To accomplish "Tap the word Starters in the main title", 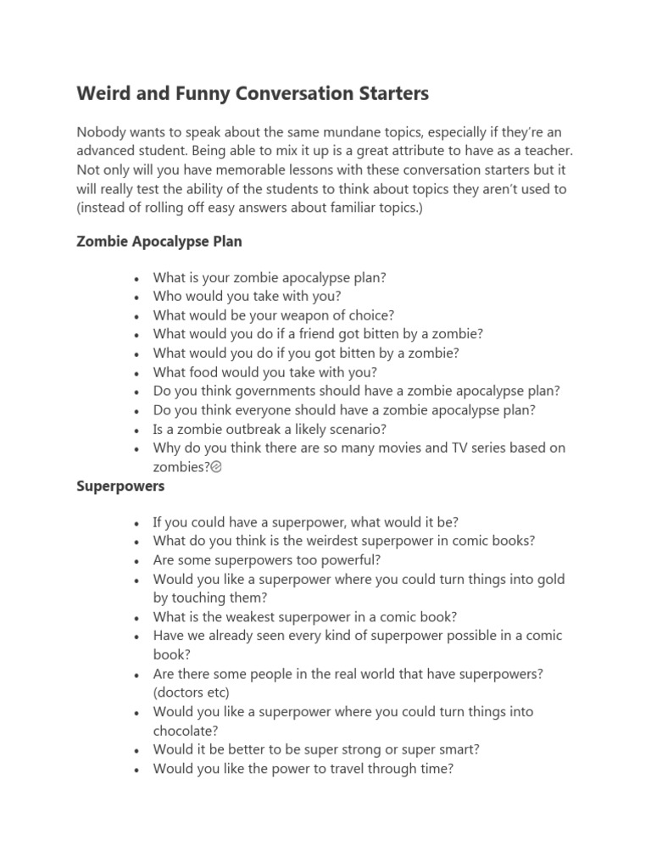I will tap(392, 93).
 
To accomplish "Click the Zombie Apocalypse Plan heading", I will tap(159, 242).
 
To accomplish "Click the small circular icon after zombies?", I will tap(215, 467).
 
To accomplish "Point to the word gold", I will tap(550, 579).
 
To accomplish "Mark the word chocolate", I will tap(185, 730).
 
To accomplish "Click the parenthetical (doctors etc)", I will tap(192, 693).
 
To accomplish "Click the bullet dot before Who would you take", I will tap(136, 298).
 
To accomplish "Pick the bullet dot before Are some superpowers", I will tap(136, 561).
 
